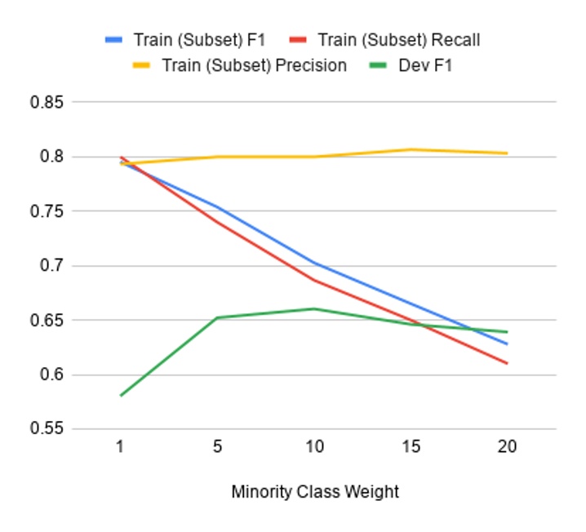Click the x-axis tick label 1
(121, 447)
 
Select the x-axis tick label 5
(217, 447)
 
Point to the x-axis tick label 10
(314, 447)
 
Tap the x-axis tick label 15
(411, 447)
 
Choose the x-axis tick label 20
(507, 447)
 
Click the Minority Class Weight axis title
(315, 492)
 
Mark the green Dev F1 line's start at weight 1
(121, 395)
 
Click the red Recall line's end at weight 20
(507, 363)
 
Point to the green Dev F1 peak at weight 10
(314, 308)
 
